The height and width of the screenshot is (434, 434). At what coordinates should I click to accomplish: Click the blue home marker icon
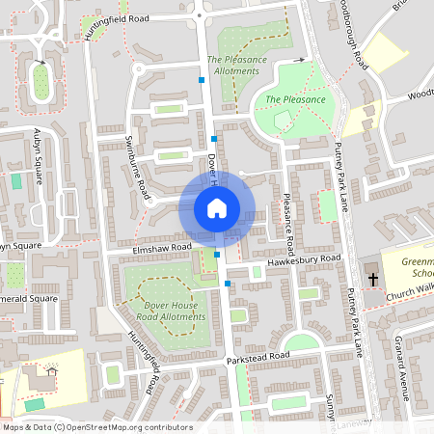point(216,208)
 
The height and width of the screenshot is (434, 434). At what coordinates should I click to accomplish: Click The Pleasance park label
point(295,99)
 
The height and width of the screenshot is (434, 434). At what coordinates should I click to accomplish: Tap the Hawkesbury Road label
point(305,259)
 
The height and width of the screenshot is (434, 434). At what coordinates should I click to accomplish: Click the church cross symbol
point(373,279)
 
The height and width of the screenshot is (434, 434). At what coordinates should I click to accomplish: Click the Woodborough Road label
point(354,35)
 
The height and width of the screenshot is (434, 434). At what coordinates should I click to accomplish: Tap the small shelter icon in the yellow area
point(51,371)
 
